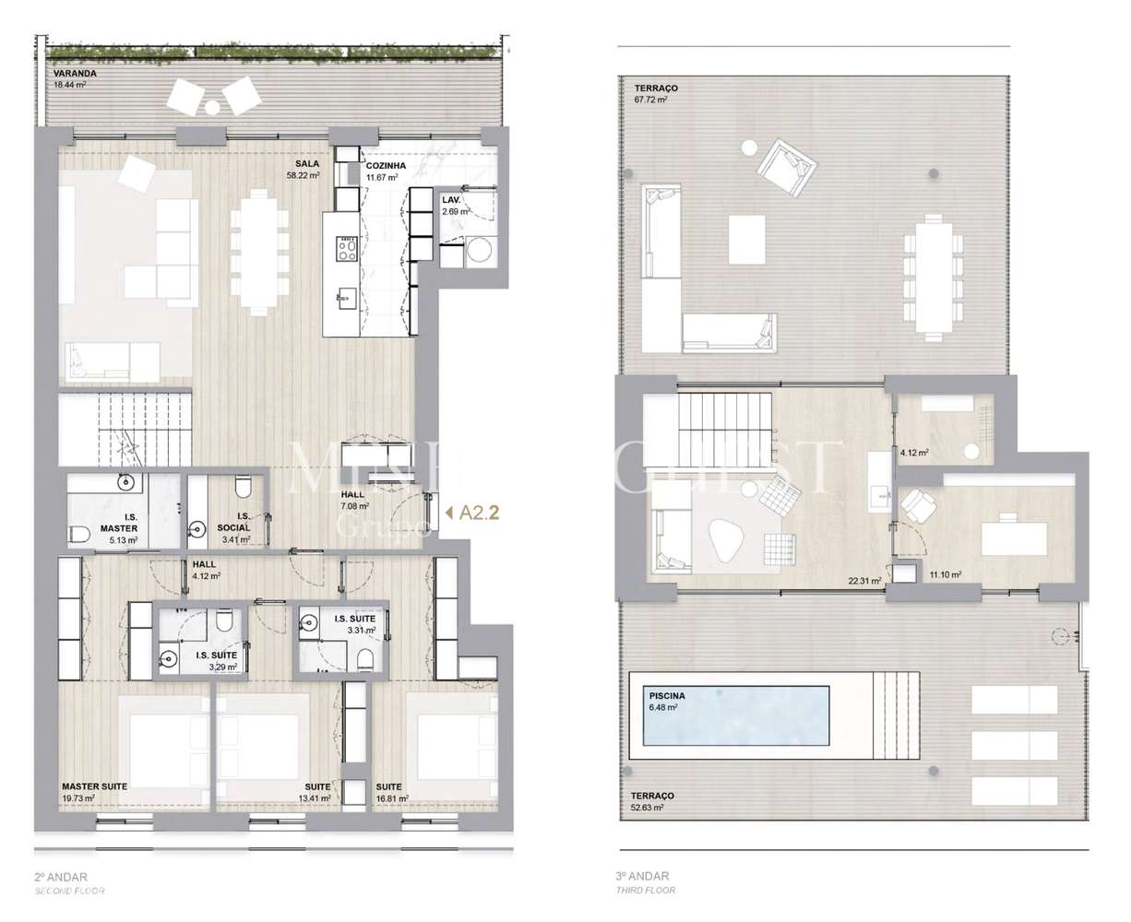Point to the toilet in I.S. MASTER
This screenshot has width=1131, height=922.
(x=80, y=533)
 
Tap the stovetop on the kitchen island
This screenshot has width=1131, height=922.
(x=348, y=247)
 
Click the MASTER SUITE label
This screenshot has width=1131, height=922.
(x=94, y=786)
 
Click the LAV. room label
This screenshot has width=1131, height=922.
(x=451, y=200)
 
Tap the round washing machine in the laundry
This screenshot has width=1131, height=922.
(x=480, y=249)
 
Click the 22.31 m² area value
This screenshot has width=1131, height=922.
(x=864, y=581)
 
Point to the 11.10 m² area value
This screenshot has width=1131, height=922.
(x=946, y=573)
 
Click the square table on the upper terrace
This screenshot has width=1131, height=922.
(x=747, y=240)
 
